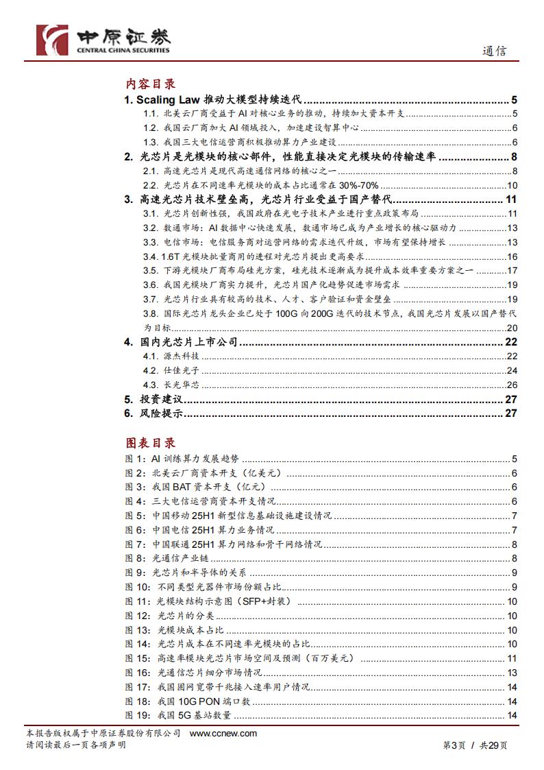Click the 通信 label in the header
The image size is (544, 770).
495,51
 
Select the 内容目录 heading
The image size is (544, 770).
150,84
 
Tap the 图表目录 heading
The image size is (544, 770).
150,443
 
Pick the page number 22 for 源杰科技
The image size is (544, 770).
511,357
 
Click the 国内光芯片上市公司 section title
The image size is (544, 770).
188,342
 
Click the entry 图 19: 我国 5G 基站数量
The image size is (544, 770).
178,716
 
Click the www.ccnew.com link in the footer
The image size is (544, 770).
223,733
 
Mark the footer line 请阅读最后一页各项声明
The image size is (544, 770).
75,745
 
